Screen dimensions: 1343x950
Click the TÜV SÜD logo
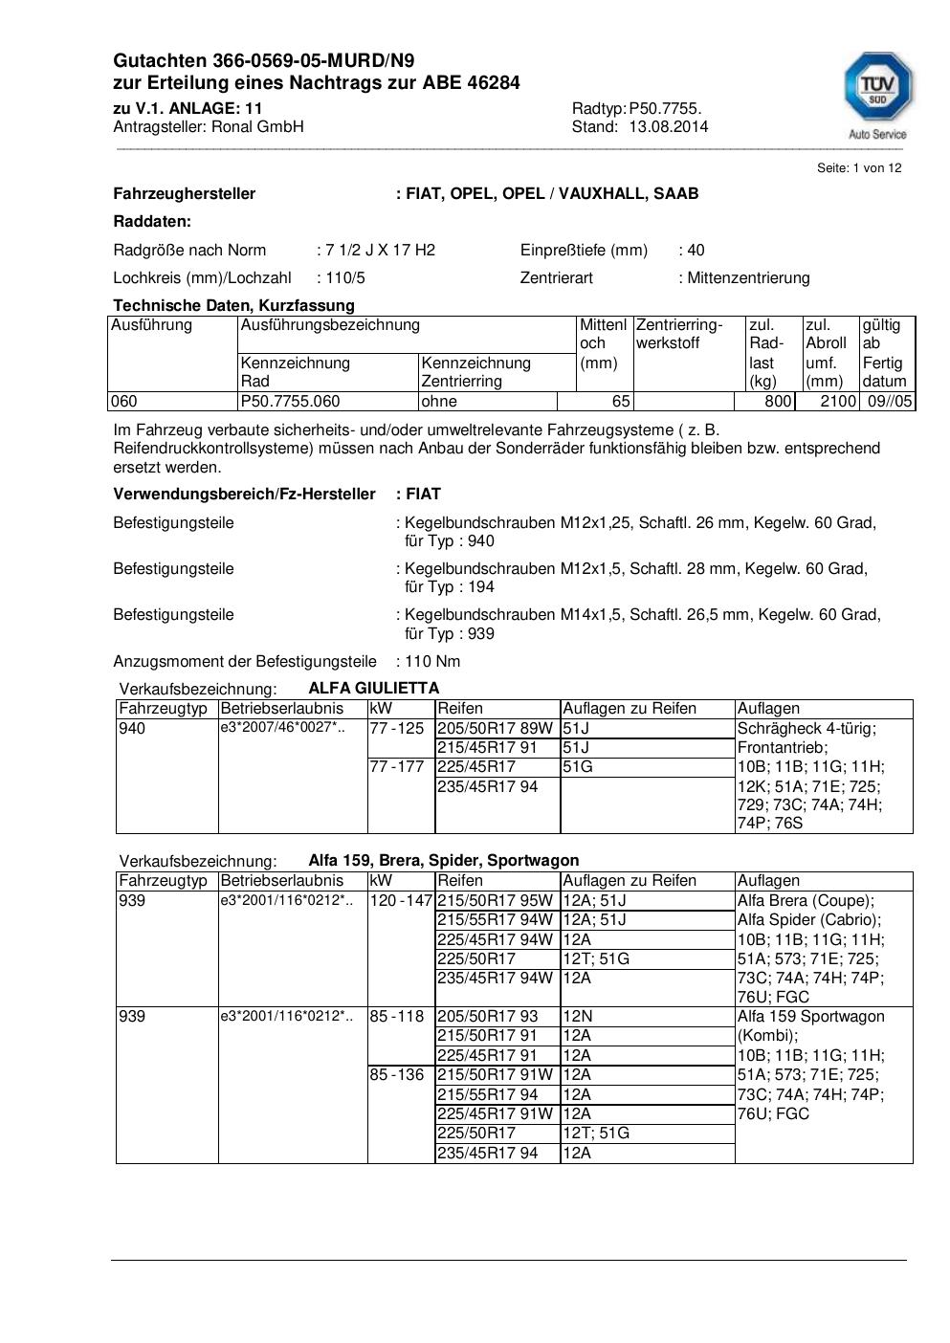point(877,94)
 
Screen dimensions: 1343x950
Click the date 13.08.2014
point(669,126)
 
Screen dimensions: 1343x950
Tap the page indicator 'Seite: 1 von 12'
point(858,168)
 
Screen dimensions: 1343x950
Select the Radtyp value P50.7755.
point(665,108)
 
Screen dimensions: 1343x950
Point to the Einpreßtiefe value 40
point(696,250)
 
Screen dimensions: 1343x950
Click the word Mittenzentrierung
point(748,277)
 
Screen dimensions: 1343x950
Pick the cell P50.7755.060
point(290,402)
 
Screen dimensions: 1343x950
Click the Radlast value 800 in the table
point(778,402)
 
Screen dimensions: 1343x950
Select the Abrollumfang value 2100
point(837,402)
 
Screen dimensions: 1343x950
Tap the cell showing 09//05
point(890,402)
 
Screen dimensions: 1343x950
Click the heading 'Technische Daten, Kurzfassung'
point(233,305)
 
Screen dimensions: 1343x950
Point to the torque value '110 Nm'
point(432,661)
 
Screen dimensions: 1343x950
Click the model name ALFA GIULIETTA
point(373,688)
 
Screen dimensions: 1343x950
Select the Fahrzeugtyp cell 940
point(132,729)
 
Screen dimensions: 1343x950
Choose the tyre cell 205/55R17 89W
point(495,729)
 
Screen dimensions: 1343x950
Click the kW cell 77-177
point(397,767)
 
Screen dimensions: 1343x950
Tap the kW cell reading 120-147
point(401,901)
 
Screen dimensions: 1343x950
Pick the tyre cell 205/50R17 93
point(487,1017)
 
